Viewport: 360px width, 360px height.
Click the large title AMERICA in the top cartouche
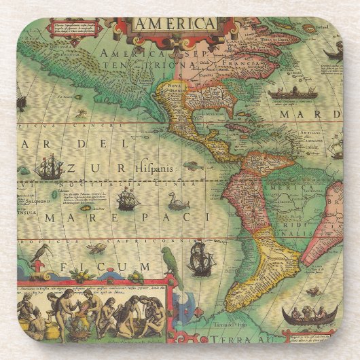click(175, 24)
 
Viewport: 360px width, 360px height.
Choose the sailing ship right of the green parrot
click(200, 258)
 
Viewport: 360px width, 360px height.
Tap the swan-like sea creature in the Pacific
click(177, 201)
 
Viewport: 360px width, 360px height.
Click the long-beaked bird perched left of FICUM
click(43, 258)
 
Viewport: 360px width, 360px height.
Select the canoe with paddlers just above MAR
click(292, 92)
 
